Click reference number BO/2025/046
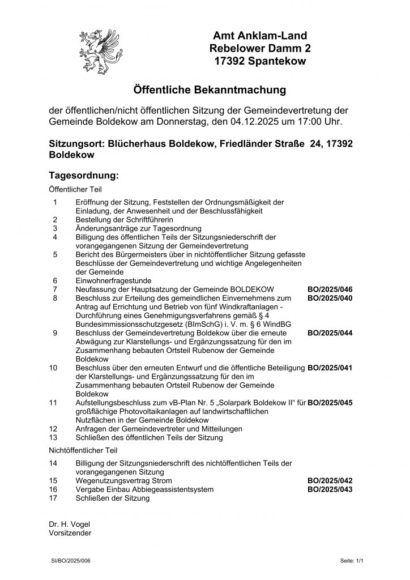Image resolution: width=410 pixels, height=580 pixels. tap(330, 289)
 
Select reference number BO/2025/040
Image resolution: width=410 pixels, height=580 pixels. tap(330, 297)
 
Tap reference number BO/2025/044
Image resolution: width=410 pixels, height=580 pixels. tap(330, 333)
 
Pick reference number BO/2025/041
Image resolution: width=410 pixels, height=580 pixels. tap(330, 368)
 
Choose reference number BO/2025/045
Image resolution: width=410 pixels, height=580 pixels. tap(330, 403)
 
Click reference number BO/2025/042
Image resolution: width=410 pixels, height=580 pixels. tap(330, 480)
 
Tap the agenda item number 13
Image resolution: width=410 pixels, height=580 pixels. tap(53, 437)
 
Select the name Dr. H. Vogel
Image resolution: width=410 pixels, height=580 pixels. tap(70, 523)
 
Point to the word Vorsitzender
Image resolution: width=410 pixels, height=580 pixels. tap(70, 532)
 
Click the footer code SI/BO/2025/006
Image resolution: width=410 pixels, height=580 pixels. tap(71, 560)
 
